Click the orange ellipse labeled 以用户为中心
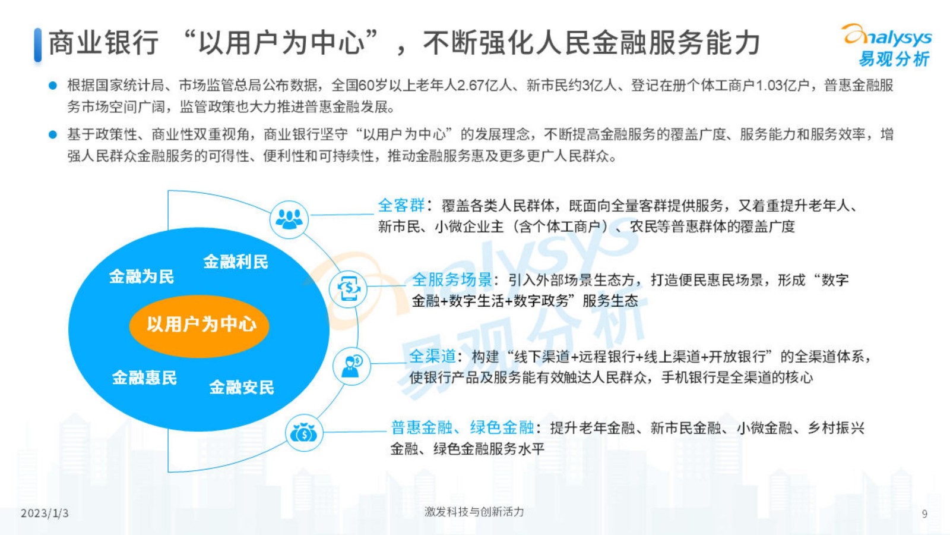pos(199,326)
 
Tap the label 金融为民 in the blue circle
pos(142,277)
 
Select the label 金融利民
pos(236,262)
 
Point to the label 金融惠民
pos(144,377)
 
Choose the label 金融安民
pos(242,387)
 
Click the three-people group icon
pos(289,219)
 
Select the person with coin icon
pos(351,366)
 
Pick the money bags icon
pos(303,433)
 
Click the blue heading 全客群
pos(401,206)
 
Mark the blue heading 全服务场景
pos(452,280)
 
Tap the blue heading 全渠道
pos(433,356)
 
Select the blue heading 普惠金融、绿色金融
pos(463,427)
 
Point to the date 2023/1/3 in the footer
pos(45,514)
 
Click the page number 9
pos(924,514)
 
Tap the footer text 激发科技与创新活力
pos(474,512)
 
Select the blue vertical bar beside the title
pos(38,45)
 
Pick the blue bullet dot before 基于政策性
pos(53,134)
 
